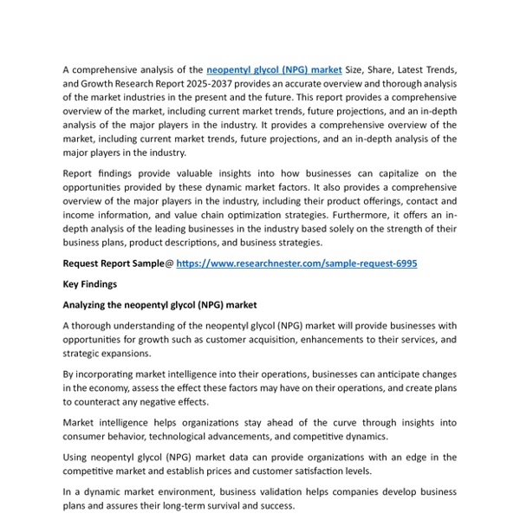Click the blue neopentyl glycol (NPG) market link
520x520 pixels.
tap(274, 68)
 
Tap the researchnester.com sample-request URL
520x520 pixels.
tap(296, 263)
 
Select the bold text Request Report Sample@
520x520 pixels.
tap(118, 263)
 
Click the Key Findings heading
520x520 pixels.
tap(89, 283)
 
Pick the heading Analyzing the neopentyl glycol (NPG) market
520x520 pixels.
tap(159, 305)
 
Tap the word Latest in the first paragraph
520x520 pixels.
tap(404, 68)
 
